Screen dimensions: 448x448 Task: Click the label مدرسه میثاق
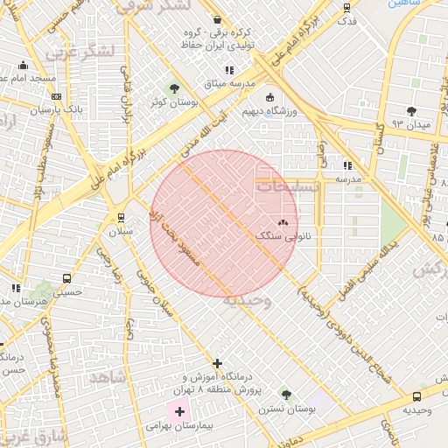tap(229, 83)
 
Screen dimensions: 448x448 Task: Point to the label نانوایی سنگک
tap(283, 236)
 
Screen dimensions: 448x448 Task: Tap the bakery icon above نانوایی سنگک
tap(283, 223)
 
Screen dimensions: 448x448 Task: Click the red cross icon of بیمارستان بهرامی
tap(179, 411)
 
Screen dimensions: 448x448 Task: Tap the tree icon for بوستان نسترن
tap(286, 395)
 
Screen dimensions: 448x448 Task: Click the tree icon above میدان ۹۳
tap(411, 111)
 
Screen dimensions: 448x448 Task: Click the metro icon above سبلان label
tap(121, 218)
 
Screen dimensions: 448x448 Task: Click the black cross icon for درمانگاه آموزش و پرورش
tap(218, 363)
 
